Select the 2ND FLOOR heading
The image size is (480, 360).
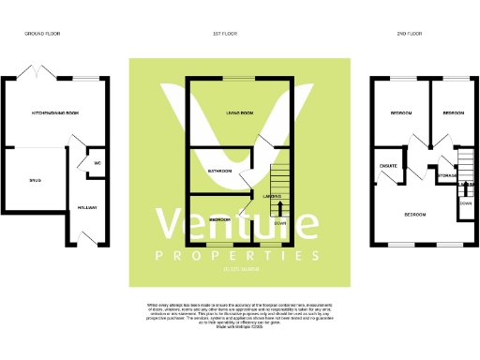[x=409, y=34]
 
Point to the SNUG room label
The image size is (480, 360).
[x=34, y=180]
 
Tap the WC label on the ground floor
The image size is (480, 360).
[x=97, y=164]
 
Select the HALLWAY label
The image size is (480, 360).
[x=88, y=207]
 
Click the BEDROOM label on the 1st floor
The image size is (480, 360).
[x=220, y=218]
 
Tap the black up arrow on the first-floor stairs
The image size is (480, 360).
[x=279, y=208]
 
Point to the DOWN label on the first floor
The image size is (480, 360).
[x=279, y=224]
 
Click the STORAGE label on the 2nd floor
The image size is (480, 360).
[x=447, y=174]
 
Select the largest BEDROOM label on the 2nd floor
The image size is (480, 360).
[x=414, y=215]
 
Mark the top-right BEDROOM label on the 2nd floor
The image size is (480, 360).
[x=454, y=112]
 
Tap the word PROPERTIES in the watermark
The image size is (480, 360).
[x=239, y=256]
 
